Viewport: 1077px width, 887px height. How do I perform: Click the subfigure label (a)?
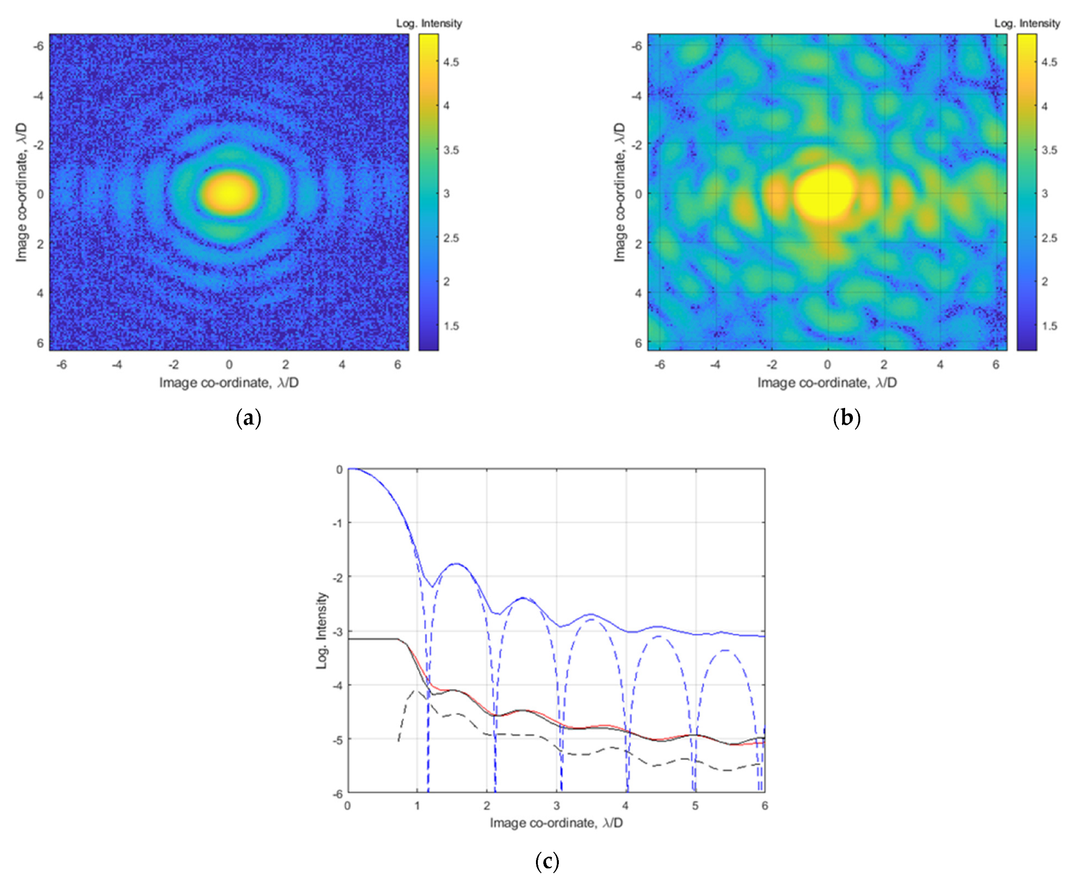(248, 418)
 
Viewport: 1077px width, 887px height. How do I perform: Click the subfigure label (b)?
(847, 418)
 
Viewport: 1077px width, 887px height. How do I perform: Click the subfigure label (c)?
(547, 861)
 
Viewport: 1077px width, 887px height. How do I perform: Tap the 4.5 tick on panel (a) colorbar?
(451, 62)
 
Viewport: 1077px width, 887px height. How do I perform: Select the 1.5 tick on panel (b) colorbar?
(1049, 326)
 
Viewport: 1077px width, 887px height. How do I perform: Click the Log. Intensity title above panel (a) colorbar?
(429, 23)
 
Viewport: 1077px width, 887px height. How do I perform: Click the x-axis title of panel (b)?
(826, 383)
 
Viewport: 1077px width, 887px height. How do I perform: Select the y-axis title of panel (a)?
(21, 192)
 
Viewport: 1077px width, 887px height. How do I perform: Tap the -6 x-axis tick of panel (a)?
(61, 364)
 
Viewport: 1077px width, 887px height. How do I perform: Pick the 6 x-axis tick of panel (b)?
(995, 364)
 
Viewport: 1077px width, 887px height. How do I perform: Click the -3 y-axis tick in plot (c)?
(338, 632)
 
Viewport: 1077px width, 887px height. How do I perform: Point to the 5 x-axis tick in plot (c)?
(695, 806)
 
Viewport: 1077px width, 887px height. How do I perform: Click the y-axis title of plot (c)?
(321, 631)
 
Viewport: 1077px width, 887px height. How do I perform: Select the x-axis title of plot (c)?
(556, 823)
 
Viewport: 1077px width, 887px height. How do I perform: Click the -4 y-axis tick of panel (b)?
(637, 96)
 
